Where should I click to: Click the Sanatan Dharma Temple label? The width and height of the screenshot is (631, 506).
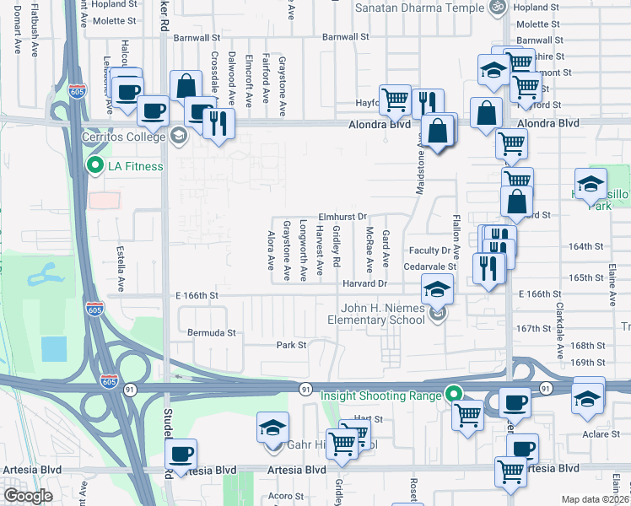pos(420,8)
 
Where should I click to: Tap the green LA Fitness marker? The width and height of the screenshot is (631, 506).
pos(94,166)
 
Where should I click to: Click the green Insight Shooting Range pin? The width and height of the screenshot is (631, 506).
pos(454,395)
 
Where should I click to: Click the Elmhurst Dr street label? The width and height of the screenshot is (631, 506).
pos(342,216)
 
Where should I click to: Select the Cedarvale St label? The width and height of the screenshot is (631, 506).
pos(429,266)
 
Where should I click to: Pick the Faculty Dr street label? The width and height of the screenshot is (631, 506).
pos(431,250)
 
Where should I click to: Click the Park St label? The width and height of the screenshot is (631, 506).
pos(290,345)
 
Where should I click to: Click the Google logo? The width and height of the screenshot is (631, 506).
pos(27,496)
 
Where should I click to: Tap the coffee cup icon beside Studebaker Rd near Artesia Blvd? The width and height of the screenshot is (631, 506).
pos(181,454)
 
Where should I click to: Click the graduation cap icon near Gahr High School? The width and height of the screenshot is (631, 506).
pos(273,428)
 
